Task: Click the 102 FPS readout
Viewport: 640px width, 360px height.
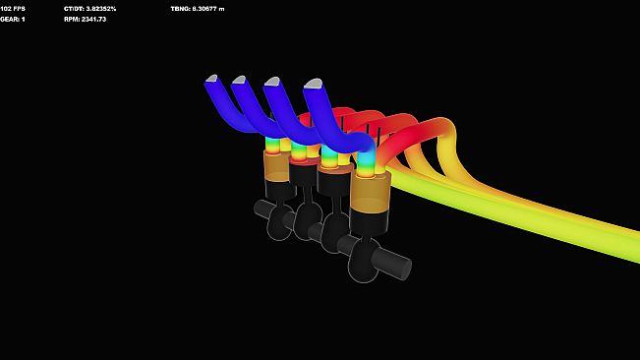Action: (x=13, y=8)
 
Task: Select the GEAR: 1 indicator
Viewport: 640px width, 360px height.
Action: (x=13, y=19)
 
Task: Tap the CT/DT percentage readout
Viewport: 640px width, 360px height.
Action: (x=89, y=8)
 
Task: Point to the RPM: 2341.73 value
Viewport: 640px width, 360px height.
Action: (x=85, y=19)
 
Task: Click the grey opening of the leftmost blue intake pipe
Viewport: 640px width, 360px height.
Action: (x=212, y=78)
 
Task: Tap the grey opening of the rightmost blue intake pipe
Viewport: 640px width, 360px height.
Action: (x=314, y=85)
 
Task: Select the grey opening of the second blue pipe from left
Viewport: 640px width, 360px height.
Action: (x=239, y=80)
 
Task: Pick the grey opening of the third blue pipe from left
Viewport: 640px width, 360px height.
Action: (x=273, y=82)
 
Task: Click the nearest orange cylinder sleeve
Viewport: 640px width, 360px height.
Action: (x=371, y=194)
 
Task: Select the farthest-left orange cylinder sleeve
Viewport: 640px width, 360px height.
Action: (x=276, y=165)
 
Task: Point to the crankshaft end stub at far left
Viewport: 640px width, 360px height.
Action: (x=262, y=209)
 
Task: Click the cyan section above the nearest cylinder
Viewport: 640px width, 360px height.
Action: (x=366, y=157)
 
